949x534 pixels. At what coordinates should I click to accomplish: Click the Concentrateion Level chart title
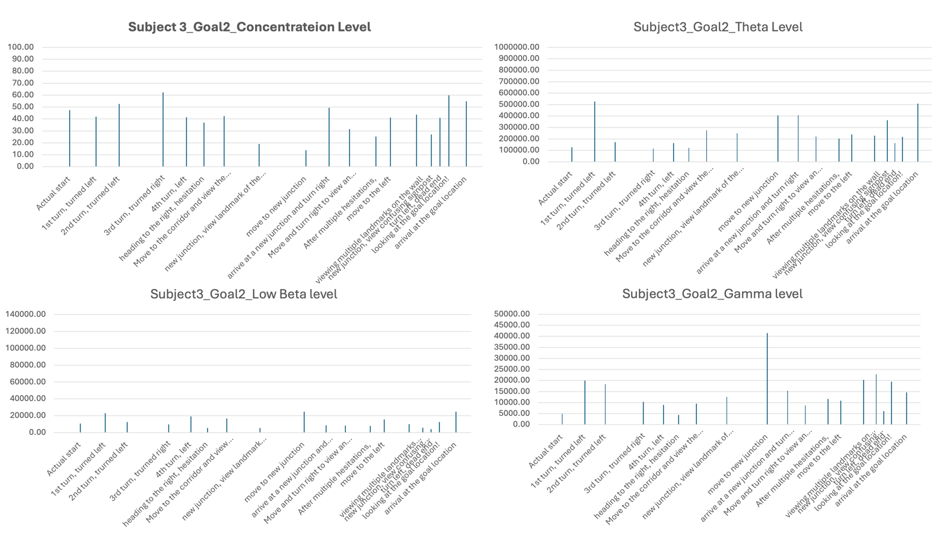coord(249,27)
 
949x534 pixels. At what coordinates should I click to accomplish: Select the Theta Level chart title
coord(718,27)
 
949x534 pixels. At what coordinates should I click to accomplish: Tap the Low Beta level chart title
coord(243,294)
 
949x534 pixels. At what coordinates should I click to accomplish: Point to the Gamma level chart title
coord(712,294)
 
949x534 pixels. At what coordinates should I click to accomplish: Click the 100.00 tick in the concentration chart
coord(20,47)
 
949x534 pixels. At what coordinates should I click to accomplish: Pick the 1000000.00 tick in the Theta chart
coord(517,47)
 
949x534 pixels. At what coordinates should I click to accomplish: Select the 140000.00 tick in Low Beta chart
coord(26,314)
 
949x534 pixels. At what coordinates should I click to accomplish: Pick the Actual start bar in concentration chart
coord(69,138)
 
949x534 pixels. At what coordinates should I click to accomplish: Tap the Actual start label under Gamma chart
coord(546,452)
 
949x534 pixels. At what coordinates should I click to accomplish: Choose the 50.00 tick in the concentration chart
coord(20,107)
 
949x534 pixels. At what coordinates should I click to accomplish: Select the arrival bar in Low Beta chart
coord(456,422)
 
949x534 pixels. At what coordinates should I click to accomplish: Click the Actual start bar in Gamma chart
coord(562,419)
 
